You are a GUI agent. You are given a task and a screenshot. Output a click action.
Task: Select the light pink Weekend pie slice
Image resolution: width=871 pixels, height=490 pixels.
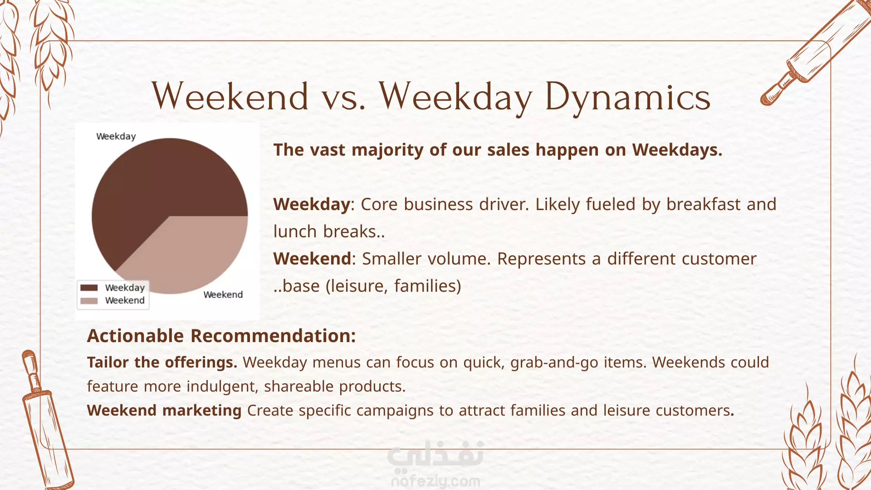pos(191,254)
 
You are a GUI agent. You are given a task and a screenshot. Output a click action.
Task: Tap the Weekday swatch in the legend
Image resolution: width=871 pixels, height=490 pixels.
pos(89,288)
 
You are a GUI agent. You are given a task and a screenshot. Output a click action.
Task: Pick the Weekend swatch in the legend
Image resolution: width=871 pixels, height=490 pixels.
pos(89,301)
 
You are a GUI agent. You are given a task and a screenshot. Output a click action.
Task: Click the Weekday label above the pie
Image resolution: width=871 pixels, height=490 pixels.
pos(116,137)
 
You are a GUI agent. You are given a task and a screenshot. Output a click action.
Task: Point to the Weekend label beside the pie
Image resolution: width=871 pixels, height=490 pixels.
pos(223,294)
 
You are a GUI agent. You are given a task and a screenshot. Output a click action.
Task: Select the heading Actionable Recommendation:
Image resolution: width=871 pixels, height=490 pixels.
pos(221,336)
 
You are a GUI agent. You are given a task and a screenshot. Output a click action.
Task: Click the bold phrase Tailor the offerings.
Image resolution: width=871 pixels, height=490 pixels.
pos(162,362)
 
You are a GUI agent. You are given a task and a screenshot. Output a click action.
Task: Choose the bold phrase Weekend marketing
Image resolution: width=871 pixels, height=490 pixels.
pos(164,410)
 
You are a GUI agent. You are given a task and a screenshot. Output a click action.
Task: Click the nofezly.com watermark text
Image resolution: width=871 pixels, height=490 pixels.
pos(435,480)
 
